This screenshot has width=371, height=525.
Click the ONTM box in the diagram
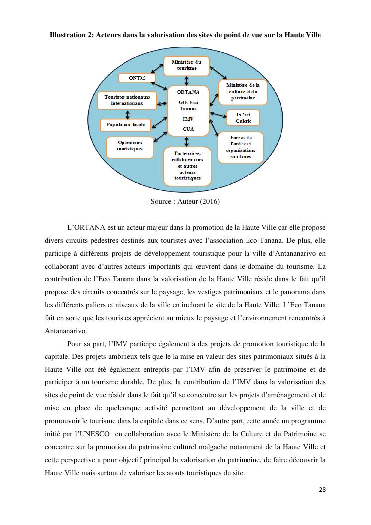pyautogui.click(x=137, y=78)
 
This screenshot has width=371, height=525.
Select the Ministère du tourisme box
pyautogui.click(x=186, y=65)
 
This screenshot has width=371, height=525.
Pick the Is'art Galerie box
pyautogui.click(x=243, y=117)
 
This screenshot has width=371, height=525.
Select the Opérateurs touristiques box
pyautogui.click(x=129, y=146)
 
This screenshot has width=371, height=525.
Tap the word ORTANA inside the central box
pyautogui.click(x=188, y=92)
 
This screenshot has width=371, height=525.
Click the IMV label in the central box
pyautogui.click(x=188, y=119)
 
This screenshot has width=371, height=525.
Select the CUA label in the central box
pyautogui.click(x=188, y=129)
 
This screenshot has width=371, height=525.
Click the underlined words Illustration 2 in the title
pyautogui.click(x=70, y=35)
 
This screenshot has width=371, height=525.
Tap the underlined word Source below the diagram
pyautogui.click(x=163, y=202)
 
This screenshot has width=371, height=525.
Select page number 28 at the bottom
pyautogui.click(x=322, y=489)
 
